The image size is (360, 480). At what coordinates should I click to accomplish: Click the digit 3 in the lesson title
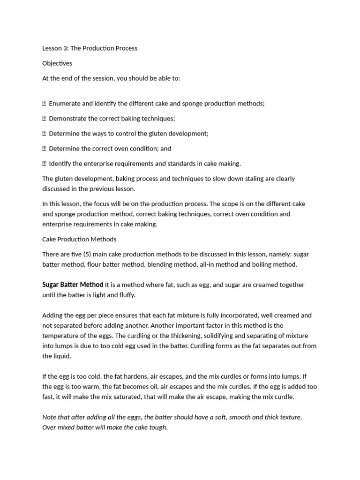pos(65,48)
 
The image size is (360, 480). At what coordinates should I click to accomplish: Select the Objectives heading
pos(57,63)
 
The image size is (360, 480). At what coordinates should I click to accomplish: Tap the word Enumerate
pos(65,104)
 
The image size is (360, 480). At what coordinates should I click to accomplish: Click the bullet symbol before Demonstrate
pos(44,119)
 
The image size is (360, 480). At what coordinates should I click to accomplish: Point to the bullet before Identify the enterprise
pos(44,164)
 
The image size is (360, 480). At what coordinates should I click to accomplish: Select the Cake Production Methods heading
pos(79,239)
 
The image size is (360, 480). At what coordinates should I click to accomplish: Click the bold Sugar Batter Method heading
pos(73,285)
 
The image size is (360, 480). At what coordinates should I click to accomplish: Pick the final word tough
pos(157,427)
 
